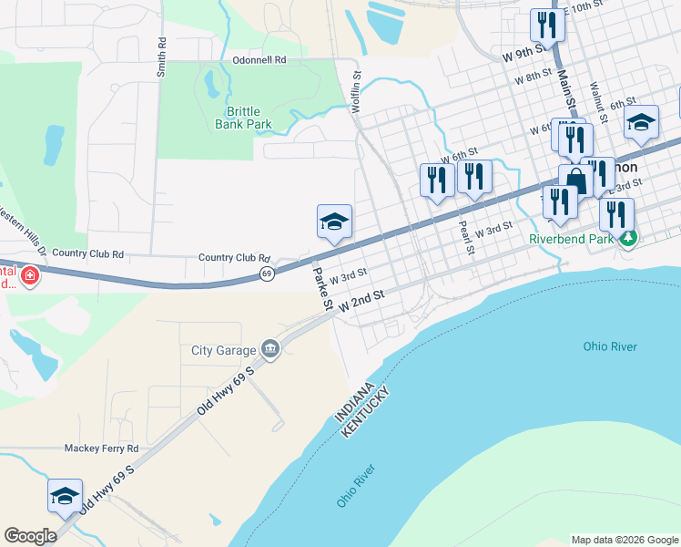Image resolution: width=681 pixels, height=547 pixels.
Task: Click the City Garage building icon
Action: click(x=270, y=349)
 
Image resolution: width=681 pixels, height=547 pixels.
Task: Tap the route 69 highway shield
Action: click(x=267, y=273)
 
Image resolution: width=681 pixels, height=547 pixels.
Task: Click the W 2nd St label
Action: click(x=363, y=303)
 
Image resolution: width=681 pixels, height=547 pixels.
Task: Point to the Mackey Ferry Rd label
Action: click(x=101, y=449)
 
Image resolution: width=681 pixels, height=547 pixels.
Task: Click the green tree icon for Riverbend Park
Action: click(x=626, y=239)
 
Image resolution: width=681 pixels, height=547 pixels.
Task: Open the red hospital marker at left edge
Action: click(x=29, y=275)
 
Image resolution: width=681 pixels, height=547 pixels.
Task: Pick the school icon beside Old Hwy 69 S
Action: click(x=65, y=496)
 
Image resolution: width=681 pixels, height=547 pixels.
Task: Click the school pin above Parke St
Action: click(x=334, y=222)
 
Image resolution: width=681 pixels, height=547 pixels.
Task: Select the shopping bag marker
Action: click(x=575, y=181)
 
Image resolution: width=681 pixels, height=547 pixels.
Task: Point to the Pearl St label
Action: click(x=464, y=236)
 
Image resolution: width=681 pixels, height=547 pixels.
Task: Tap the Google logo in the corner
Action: click(x=30, y=536)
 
